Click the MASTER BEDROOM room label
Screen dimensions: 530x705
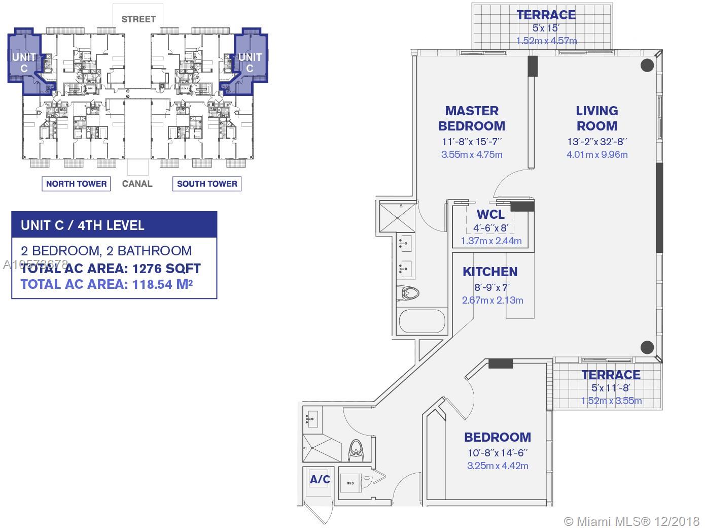point(471,118)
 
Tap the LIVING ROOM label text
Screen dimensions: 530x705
point(596,118)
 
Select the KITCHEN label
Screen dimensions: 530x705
point(489,272)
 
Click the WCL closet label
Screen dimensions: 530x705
point(490,214)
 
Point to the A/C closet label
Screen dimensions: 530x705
point(320,479)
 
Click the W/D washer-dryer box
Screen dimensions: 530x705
point(351,483)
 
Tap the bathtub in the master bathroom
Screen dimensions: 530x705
point(421,322)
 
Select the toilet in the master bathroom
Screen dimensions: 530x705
point(410,293)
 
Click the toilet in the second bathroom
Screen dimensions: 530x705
point(355,449)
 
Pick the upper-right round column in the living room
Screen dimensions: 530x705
point(647,65)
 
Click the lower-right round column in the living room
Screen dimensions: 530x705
point(647,347)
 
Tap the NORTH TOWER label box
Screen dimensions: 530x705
point(76,184)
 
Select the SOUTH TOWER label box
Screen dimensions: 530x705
point(207,184)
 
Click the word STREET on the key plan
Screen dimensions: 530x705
point(138,19)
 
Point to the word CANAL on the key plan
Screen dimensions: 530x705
point(137,184)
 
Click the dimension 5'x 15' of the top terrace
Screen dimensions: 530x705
point(546,29)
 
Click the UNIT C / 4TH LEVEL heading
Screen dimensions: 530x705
point(83,225)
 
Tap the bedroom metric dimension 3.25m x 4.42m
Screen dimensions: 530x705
point(497,466)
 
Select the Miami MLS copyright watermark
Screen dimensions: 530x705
point(632,521)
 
